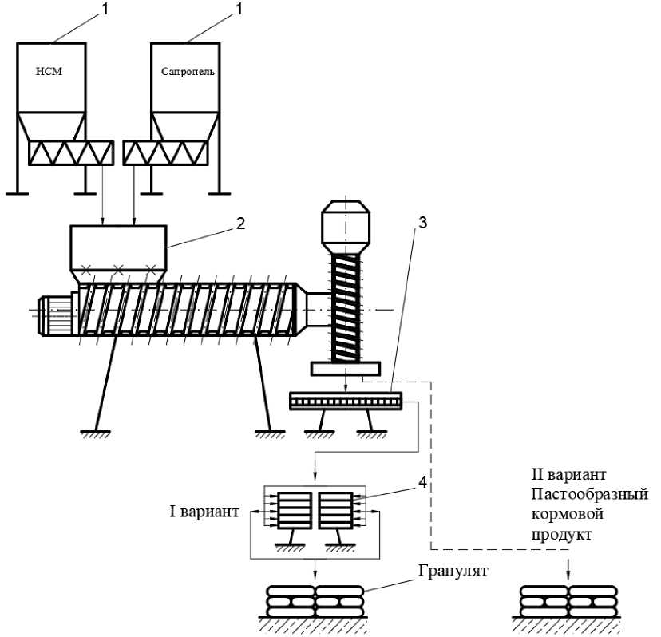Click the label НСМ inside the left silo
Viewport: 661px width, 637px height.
49,71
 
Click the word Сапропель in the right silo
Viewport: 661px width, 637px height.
188,71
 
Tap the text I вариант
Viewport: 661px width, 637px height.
204,511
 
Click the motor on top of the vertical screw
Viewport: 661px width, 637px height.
345,223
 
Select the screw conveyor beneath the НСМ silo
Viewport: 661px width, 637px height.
70,153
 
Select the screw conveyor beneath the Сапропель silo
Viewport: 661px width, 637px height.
168,153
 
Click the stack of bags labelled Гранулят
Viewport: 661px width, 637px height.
315,600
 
